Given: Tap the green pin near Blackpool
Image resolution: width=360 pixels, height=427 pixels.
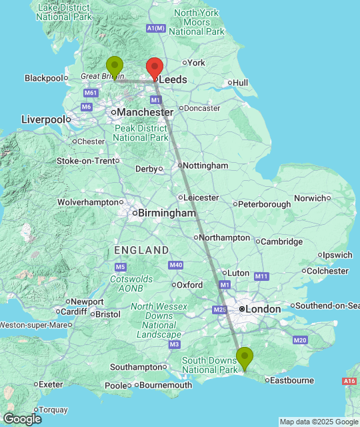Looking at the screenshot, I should (x=115, y=66).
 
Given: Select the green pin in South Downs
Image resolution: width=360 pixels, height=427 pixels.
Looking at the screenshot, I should (x=245, y=358).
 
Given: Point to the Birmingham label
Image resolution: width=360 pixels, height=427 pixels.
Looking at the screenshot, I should (x=167, y=213).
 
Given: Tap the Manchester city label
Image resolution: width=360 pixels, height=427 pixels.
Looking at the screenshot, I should (x=145, y=113).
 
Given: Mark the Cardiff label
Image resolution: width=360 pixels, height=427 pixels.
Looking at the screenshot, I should (x=73, y=312).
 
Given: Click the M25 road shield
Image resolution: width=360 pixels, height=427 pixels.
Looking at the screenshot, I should (x=220, y=310).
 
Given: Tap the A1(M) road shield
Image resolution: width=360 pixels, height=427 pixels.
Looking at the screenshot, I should (x=155, y=28).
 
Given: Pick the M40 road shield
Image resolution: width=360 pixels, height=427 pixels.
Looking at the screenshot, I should (x=176, y=266).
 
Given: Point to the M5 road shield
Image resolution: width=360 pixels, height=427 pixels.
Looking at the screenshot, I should (x=120, y=267).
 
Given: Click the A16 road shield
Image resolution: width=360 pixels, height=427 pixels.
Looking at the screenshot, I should (x=349, y=381).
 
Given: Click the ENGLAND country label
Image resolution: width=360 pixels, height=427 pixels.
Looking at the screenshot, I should (x=141, y=250).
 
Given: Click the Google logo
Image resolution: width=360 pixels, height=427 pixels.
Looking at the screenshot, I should (x=21, y=419).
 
